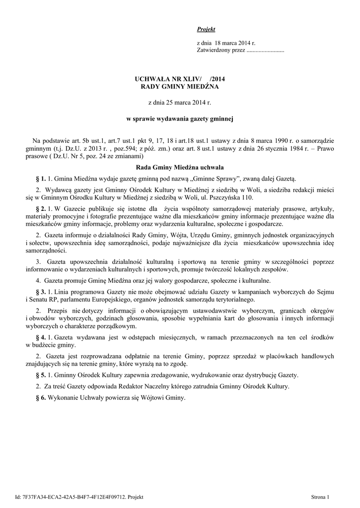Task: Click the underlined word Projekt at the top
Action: pos(202,30)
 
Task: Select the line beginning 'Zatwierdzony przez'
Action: pos(240,50)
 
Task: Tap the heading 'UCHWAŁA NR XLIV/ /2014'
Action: pos(176,79)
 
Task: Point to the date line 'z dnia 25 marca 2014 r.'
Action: pos(180,102)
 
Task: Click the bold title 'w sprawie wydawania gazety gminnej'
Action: pos(180,120)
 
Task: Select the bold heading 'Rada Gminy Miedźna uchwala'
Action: pos(180,168)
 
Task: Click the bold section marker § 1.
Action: pos(41,179)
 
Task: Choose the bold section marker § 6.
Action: pos(41,398)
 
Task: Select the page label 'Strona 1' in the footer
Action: pos(320,497)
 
